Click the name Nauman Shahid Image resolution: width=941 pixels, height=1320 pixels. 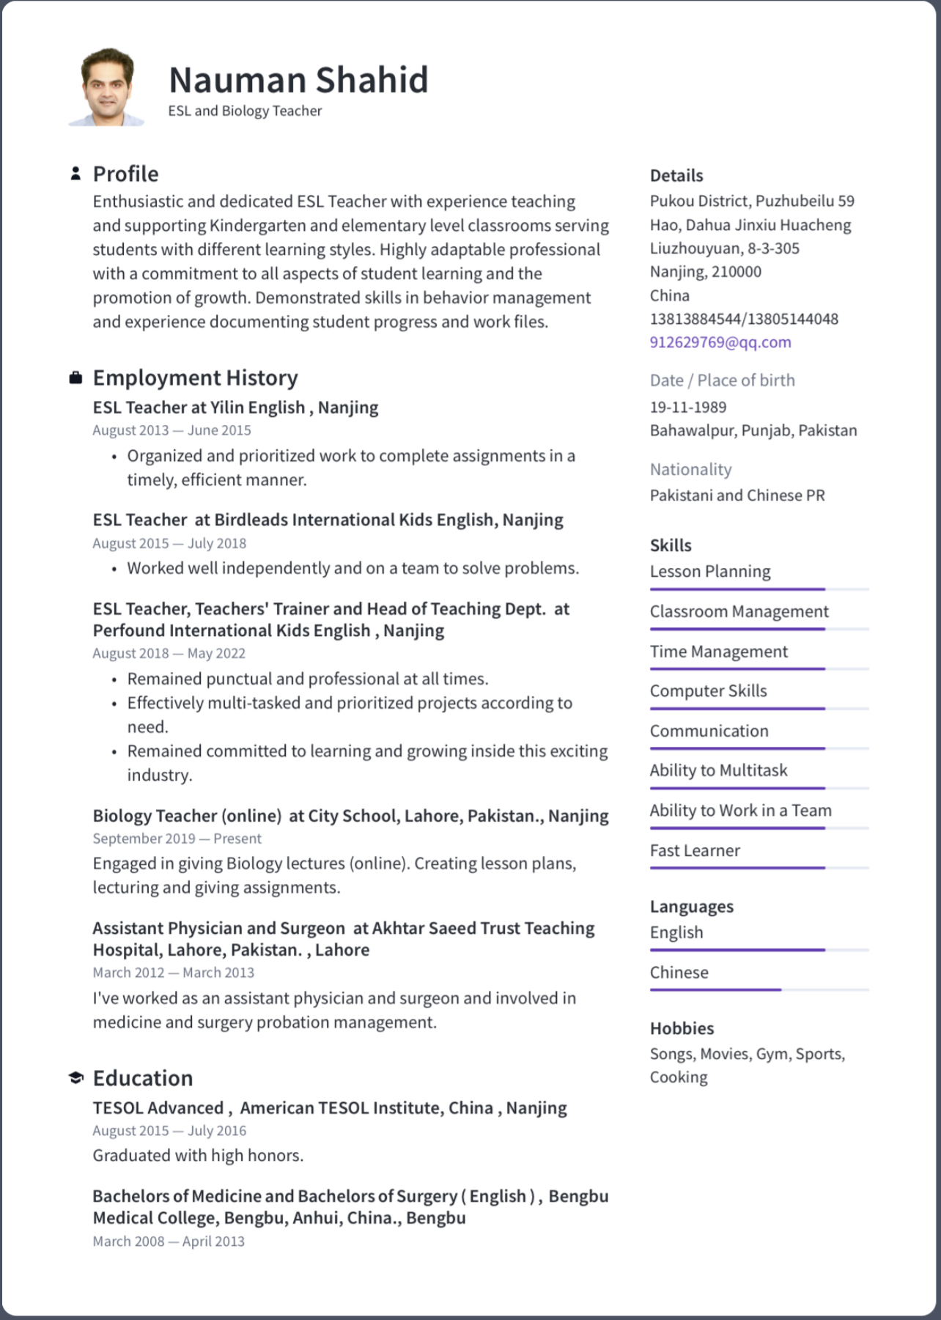(x=298, y=80)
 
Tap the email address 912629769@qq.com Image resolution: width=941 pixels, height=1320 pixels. (x=720, y=342)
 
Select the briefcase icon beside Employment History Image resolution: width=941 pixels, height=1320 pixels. (x=75, y=378)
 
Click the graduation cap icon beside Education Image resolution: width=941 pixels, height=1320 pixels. (x=75, y=1078)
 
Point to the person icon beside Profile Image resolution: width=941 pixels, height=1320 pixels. (x=75, y=174)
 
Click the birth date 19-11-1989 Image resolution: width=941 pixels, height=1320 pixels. (x=687, y=407)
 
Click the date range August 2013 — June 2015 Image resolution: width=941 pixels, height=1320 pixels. (x=171, y=430)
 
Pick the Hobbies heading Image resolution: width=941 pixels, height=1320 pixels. (x=682, y=1028)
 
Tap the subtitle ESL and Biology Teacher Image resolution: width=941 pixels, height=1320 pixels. (x=245, y=111)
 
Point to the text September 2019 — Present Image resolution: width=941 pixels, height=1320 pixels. (x=177, y=838)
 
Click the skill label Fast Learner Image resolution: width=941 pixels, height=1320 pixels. (x=694, y=850)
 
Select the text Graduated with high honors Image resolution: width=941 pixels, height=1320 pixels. (x=198, y=1155)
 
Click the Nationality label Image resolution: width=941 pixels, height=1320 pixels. (x=690, y=469)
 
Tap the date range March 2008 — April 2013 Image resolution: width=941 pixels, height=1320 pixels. (x=169, y=1241)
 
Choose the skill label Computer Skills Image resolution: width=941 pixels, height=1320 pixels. (x=708, y=690)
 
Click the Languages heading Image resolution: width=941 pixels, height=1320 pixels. (x=691, y=907)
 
